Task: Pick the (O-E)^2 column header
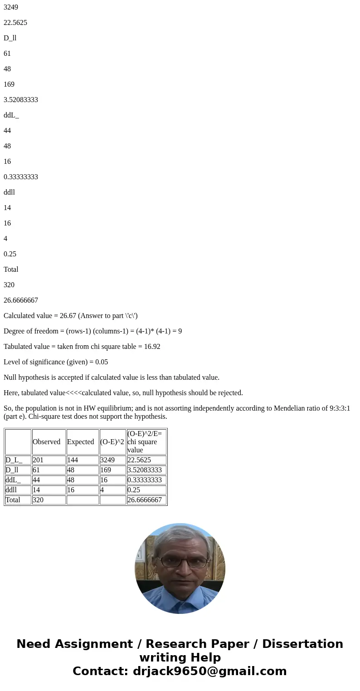[112, 442]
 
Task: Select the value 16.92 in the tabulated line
[151, 347]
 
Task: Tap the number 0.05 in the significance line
[102, 362]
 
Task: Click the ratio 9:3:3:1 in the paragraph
[336, 408]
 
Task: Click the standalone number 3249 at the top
[11, 7]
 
